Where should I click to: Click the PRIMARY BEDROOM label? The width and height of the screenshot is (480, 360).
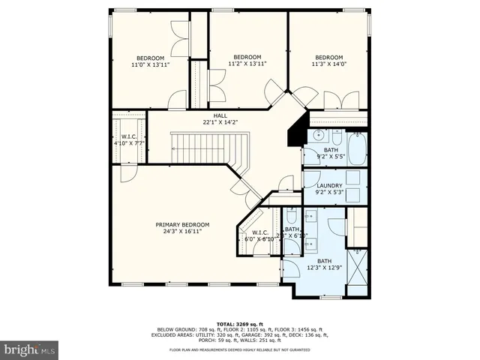[182, 225]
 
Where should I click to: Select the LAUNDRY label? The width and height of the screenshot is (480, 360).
[330, 186]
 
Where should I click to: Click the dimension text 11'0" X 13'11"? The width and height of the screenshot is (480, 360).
[150, 65]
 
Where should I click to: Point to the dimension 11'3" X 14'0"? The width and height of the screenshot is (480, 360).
[328, 65]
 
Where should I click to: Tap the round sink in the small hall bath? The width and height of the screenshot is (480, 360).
[318, 136]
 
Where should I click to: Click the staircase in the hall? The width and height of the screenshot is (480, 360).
[199, 147]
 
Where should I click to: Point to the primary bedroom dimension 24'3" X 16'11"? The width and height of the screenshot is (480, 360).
[182, 232]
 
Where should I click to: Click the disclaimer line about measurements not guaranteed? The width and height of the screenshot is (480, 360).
[239, 350]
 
